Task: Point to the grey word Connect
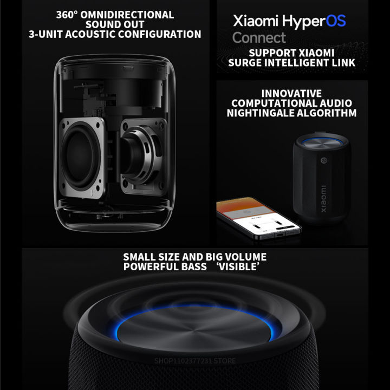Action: (259, 38)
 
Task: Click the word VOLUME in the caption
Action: (242, 257)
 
